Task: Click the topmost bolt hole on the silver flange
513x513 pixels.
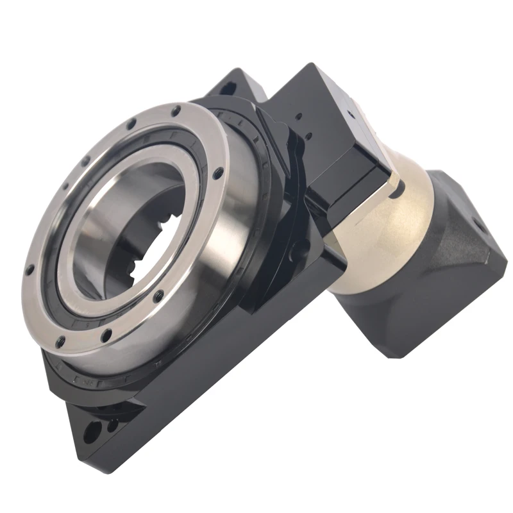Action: click(175, 111)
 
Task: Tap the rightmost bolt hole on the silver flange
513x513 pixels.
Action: click(219, 171)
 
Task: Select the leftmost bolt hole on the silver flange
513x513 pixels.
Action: click(29, 269)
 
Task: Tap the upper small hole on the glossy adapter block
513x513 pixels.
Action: click(298, 118)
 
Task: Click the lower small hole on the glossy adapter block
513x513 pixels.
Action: click(307, 136)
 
